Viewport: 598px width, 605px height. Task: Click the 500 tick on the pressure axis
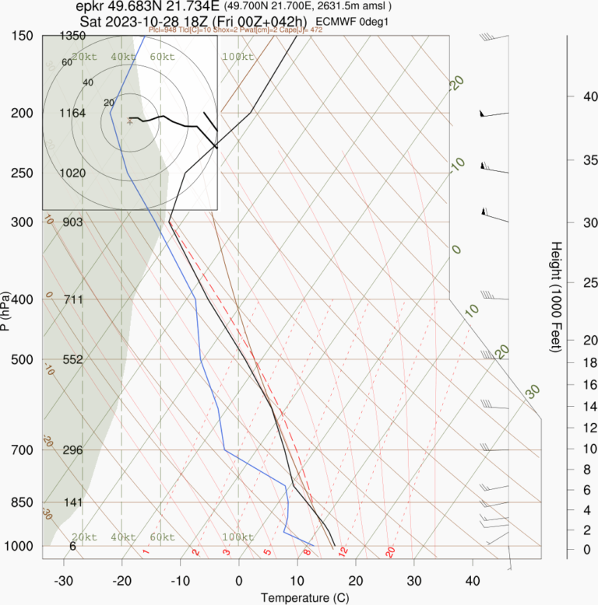coord(23,359)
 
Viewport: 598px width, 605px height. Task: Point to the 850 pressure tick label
coord(23,502)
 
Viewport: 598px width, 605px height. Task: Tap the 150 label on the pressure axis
coord(23,36)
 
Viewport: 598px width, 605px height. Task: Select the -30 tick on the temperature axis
coord(64,581)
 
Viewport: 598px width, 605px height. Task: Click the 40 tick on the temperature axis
coord(473,581)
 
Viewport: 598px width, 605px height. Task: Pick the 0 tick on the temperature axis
coord(239,581)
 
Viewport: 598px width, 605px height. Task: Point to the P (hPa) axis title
coord(6,310)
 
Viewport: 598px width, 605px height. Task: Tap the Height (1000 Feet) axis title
coord(556,296)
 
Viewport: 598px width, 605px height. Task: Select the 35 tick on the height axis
coord(569,160)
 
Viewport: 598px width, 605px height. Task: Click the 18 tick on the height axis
coord(569,362)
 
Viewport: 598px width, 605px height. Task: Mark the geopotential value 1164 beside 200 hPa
coord(72,114)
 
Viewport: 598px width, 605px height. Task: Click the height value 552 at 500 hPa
coord(72,360)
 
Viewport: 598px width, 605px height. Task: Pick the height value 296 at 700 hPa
coord(72,450)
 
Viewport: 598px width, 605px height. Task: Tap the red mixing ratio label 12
coord(342,551)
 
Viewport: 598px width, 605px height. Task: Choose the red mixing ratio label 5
coord(267,553)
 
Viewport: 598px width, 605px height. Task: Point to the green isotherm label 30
coord(532,391)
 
